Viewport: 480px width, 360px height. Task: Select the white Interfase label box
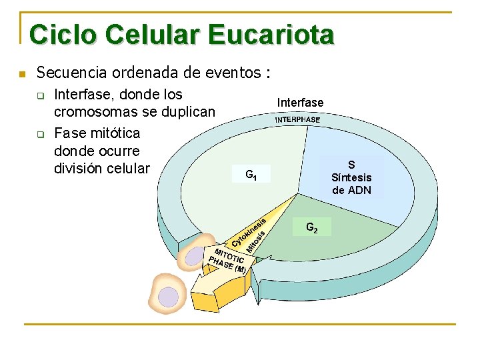click(x=300, y=103)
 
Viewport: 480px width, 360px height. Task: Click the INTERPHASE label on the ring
click(x=297, y=120)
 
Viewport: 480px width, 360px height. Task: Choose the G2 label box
click(x=311, y=228)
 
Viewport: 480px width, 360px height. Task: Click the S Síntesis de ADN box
click(x=351, y=177)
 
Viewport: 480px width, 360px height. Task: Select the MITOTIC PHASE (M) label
click(x=227, y=259)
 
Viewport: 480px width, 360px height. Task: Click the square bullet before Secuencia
click(x=22, y=73)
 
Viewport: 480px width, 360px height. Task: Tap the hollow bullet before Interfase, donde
click(x=40, y=96)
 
